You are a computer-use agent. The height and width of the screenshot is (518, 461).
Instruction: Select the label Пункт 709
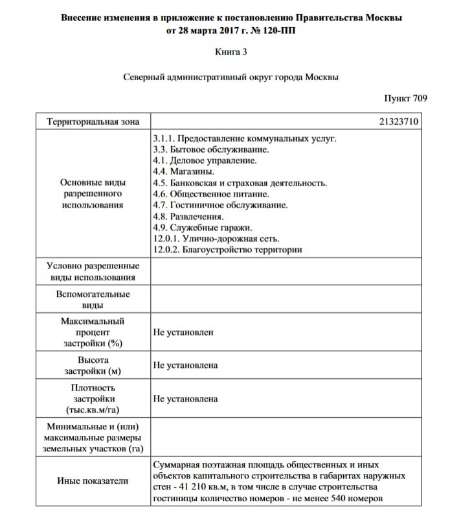pyautogui.click(x=405, y=98)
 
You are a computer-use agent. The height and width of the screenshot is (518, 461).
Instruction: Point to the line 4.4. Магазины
pyautogui.click(x=184, y=172)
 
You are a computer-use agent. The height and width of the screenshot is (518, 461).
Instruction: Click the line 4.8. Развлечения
pyautogui.click(x=189, y=217)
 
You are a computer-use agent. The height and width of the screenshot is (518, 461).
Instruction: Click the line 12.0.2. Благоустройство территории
pyautogui.click(x=228, y=250)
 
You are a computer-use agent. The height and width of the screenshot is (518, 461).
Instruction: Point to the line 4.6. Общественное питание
pyautogui.click(x=211, y=194)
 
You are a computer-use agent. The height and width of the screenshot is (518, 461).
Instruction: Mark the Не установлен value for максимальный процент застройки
pyautogui.click(x=183, y=332)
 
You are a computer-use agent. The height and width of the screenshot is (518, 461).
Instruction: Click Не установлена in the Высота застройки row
pyautogui.click(x=185, y=365)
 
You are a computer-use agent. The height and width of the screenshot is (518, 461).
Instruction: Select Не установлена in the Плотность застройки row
pyautogui.click(x=185, y=399)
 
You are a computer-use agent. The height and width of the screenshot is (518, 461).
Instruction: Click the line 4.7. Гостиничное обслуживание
pyautogui.click(x=221, y=206)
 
